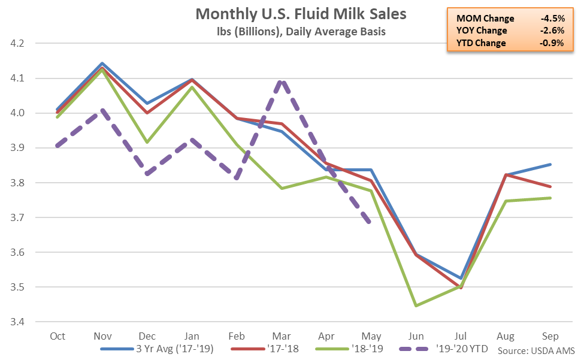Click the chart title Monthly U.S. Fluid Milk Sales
point(293,14)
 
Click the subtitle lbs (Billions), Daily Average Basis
point(292,31)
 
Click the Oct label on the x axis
point(58,337)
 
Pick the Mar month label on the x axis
point(281,337)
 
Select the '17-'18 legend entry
point(280,348)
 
